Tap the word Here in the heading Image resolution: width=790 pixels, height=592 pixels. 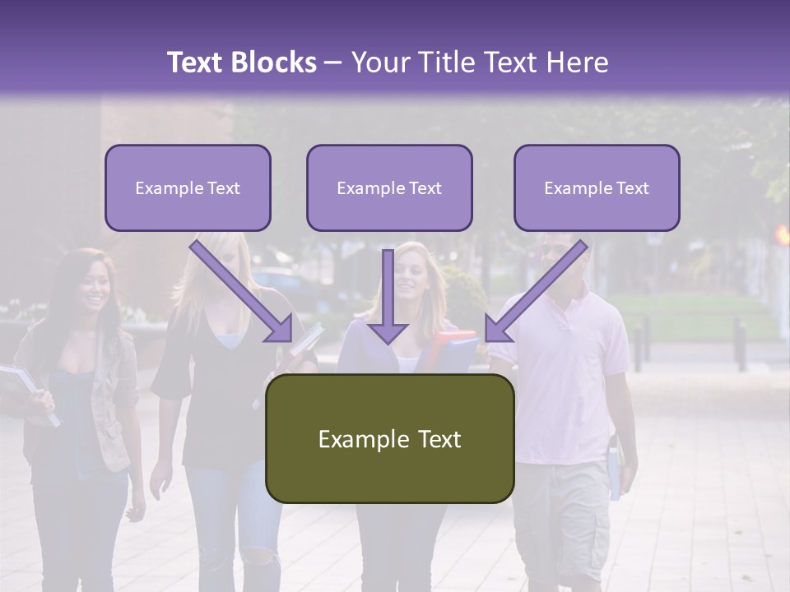click(576, 62)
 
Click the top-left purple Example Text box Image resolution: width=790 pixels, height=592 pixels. click(188, 188)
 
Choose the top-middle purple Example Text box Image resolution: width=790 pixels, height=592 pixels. click(389, 188)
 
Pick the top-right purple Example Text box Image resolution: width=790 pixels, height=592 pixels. click(597, 188)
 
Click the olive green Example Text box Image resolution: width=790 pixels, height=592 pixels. click(389, 438)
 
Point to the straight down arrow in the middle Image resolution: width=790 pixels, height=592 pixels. click(388, 296)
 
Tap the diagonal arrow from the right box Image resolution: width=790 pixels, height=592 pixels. click(537, 291)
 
